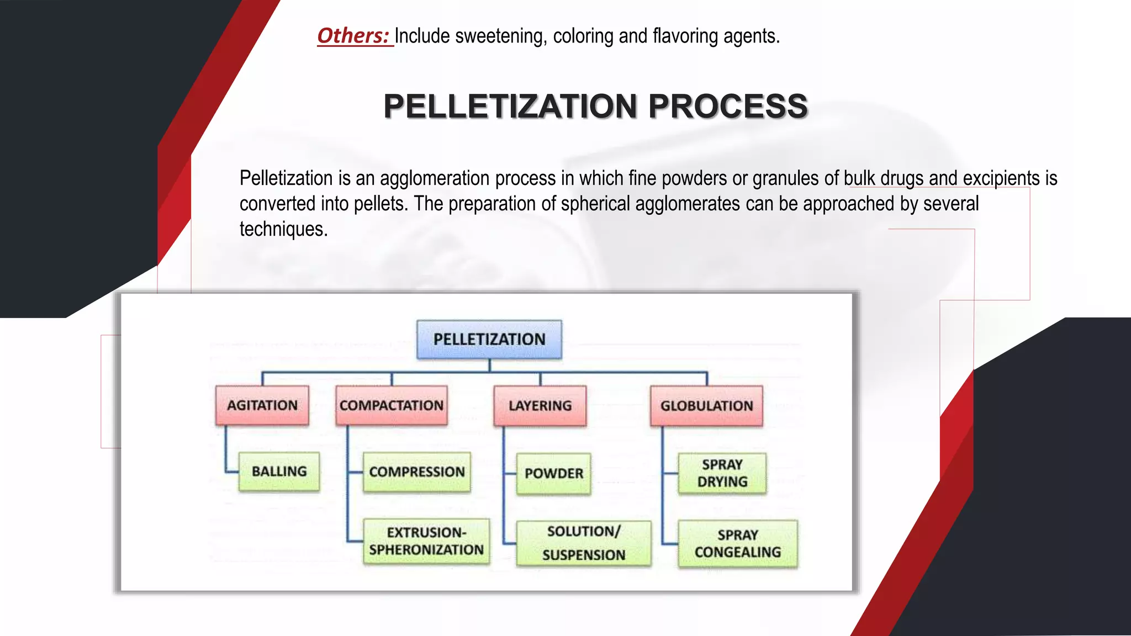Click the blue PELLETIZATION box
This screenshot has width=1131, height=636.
tap(489, 340)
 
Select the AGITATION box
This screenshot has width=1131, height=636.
tap(262, 405)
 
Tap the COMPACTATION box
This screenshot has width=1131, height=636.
tap(392, 405)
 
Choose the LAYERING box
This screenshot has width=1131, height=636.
tap(540, 406)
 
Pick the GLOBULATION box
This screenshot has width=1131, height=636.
tap(706, 406)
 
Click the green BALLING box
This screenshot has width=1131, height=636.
tap(279, 471)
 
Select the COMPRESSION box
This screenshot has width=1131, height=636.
tap(417, 472)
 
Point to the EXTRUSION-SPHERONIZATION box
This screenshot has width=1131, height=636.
tap(426, 541)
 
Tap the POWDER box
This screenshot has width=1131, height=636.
tap(554, 474)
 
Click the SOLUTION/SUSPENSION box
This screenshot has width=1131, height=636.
tap(584, 543)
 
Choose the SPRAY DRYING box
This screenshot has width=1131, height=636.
tap(722, 473)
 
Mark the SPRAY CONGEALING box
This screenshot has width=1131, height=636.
tap(738, 544)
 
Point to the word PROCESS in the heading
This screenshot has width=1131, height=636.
tap(728, 106)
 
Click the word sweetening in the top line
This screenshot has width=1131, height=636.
tap(501, 36)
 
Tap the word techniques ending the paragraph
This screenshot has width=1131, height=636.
tap(283, 229)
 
